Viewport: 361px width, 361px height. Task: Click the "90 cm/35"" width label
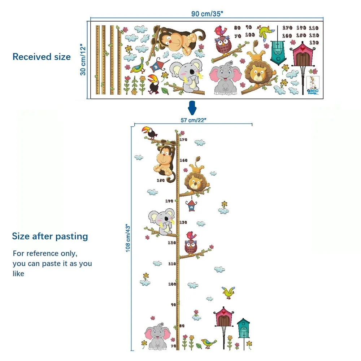point(207,14)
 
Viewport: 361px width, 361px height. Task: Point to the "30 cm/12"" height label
point(83,60)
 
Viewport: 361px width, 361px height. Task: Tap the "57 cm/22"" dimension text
point(193,120)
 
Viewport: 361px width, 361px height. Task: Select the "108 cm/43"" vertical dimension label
point(128,238)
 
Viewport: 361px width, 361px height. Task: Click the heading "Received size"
point(42,57)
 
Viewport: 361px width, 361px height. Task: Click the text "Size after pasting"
point(50,236)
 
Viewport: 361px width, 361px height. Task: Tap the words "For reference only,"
point(45,253)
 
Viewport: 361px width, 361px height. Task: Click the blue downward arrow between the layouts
point(192,108)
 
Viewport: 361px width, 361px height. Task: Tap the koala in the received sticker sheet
point(184,75)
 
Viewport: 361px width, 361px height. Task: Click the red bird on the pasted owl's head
point(190,235)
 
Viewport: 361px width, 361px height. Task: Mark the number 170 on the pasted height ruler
point(183,140)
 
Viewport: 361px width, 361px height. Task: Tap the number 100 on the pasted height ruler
point(172,284)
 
